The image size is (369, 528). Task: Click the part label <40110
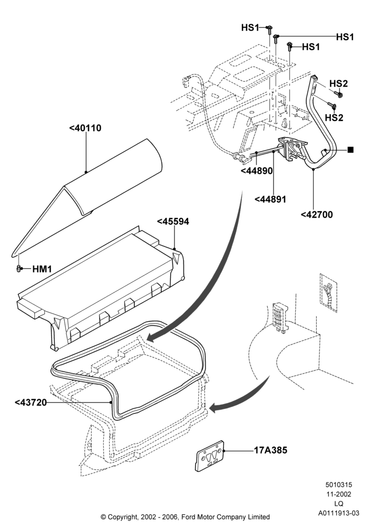click(85, 128)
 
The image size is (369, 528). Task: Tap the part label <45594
click(173, 222)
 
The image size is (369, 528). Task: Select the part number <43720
click(31, 402)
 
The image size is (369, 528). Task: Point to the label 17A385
click(270, 450)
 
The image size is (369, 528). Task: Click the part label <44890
click(257, 171)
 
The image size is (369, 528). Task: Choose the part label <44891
click(270, 200)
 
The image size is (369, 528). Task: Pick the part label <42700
click(317, 214)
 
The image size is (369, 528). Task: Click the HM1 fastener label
click(42, 269)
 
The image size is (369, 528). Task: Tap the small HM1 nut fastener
click(19, 269)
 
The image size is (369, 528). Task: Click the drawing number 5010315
click(338, 485)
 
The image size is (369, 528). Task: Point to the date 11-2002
click(338, 494)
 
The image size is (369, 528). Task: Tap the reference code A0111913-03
click(339, 513)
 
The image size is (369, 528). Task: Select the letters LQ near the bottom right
click(339, 504)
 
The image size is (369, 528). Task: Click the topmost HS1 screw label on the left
click(250, 27)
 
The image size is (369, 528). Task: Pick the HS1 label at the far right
click(345, 37)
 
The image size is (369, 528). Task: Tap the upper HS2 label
click(338, 83)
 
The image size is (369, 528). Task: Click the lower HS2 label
click(334, 118)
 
